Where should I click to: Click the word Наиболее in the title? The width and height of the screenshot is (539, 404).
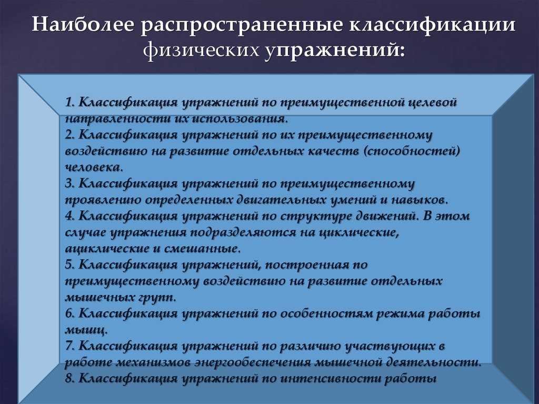(x=83, y=25)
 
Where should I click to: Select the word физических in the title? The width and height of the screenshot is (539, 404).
(x=201, y=51)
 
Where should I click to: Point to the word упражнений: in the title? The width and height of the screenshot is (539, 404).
(x=335, y=51)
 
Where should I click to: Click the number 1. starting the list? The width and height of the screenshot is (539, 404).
(x=70, y=102)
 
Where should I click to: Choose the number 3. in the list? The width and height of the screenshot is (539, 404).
(x=70, y=183)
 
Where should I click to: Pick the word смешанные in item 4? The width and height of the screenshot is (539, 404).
(x=201, y=249)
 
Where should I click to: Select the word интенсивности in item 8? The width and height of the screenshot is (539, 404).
(x=330, y=379)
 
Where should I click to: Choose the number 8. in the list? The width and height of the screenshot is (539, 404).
(x=70, y=379)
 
